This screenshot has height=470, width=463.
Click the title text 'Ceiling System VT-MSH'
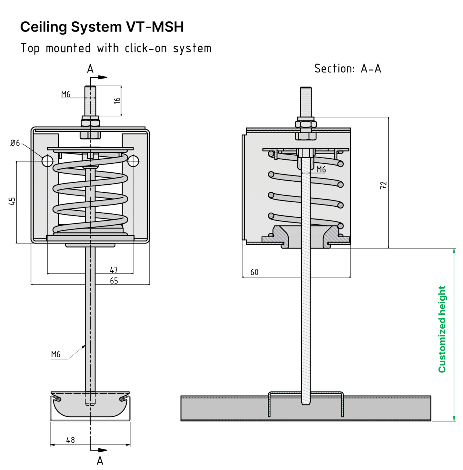click(x=102, y=27)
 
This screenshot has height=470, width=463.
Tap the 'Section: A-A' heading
click(x=347, y=69)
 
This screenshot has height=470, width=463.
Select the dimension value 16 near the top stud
click(x=117, y=100)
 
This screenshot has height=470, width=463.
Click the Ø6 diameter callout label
click(x=15, y=143)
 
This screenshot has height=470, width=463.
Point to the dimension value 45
click(x=12, y=201)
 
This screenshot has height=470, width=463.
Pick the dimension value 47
click(x=114, y=270)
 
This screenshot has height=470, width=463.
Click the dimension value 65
click(x=114, y=281)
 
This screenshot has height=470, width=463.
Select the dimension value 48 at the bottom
click(x=70, y=440)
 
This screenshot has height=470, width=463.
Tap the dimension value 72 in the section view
click(x=383, y=185)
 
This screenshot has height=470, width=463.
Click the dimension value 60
click(x=254, y=272)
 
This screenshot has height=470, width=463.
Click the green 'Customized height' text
click(x=442, y=329)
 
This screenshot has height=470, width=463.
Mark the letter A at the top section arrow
click(x=90, y=69)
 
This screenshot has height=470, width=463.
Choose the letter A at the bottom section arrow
click(x=100, y=460)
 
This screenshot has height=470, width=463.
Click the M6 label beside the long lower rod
click(x=55, y=354)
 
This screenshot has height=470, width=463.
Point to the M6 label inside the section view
click(x=321, y=169)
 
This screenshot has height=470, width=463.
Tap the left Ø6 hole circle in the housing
click(x=47, y=161)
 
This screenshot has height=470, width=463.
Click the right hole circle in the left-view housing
click(x=133, y=161)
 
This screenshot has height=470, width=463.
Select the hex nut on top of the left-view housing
click(x=90, y=122)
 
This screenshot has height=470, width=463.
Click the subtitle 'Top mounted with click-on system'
click(x=116, y=48)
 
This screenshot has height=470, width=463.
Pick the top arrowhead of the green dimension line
click(x=454, y=251)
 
